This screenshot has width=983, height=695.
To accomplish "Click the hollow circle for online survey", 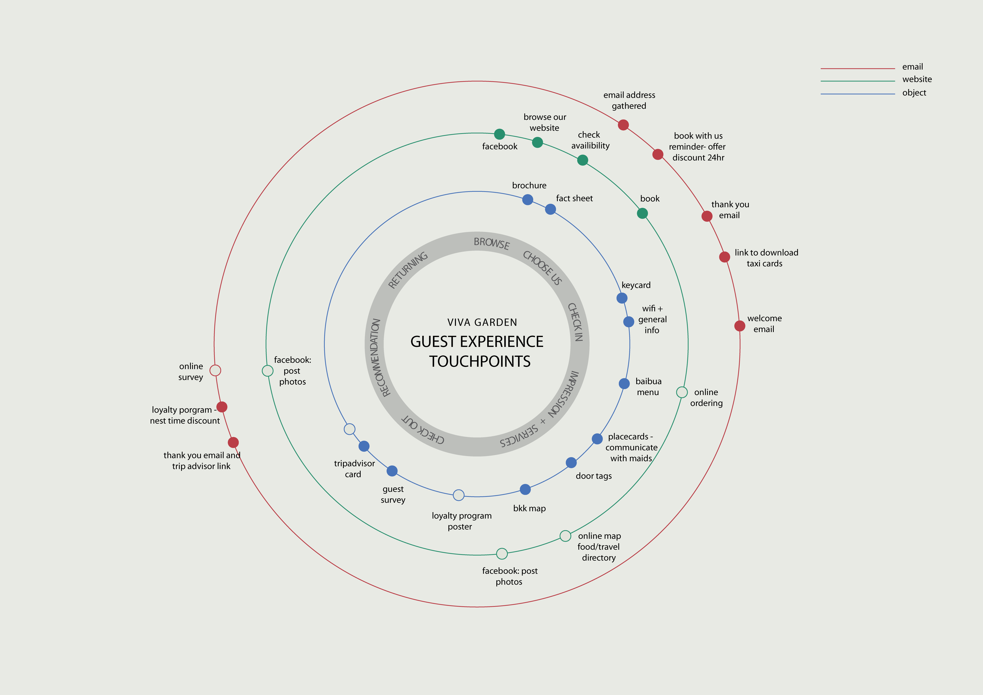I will pos(215,370).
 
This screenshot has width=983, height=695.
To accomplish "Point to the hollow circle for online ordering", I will pos(682,392).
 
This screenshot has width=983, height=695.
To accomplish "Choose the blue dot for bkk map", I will pos(525,489).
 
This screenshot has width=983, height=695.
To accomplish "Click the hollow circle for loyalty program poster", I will pos(459,495).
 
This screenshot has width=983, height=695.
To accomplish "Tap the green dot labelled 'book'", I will pos(642,213).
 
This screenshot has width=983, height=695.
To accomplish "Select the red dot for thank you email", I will pos(707,216).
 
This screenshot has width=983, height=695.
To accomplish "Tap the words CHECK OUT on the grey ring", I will pos(423,429).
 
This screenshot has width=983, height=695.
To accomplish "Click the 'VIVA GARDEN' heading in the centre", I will pos(482,322).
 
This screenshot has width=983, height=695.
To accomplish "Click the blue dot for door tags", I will pos(571,463).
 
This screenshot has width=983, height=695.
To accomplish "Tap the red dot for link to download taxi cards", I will pos(724,257).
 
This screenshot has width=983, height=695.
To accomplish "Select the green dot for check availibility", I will pos(582,160).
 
